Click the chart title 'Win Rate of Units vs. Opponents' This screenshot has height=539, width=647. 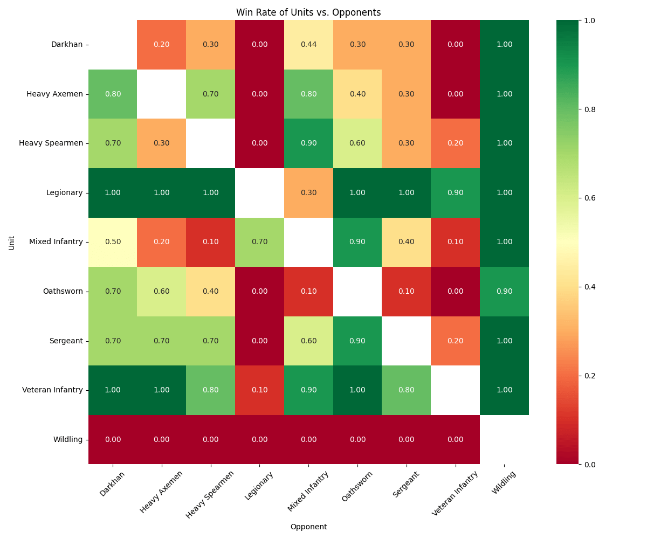[308, 12]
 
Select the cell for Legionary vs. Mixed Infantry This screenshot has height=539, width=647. [308, 192]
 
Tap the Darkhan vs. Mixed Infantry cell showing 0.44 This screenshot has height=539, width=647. [308, 44]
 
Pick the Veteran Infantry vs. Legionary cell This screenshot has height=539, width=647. [259, 390]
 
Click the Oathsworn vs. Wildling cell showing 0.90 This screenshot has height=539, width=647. [504, 291]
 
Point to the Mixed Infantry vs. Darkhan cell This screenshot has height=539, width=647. [113, 241]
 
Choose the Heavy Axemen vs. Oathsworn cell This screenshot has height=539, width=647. [357, 94]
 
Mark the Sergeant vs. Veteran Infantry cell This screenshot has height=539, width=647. [455, 341]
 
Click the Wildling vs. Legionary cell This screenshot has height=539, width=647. [259, 439]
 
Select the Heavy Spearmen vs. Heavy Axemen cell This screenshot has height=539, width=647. [162, 143]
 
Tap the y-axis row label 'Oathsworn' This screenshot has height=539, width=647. [63, 291]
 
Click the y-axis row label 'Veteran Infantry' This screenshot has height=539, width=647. [52, 390]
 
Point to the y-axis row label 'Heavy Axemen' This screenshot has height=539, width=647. [54, 94]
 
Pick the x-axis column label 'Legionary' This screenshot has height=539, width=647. [259, 486]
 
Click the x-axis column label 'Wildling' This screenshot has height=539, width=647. [504, 483]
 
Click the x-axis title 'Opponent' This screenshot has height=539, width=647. [308, 527]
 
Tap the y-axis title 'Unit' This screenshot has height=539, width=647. [12, 242]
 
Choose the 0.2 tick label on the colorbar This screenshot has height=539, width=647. [589, 376]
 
